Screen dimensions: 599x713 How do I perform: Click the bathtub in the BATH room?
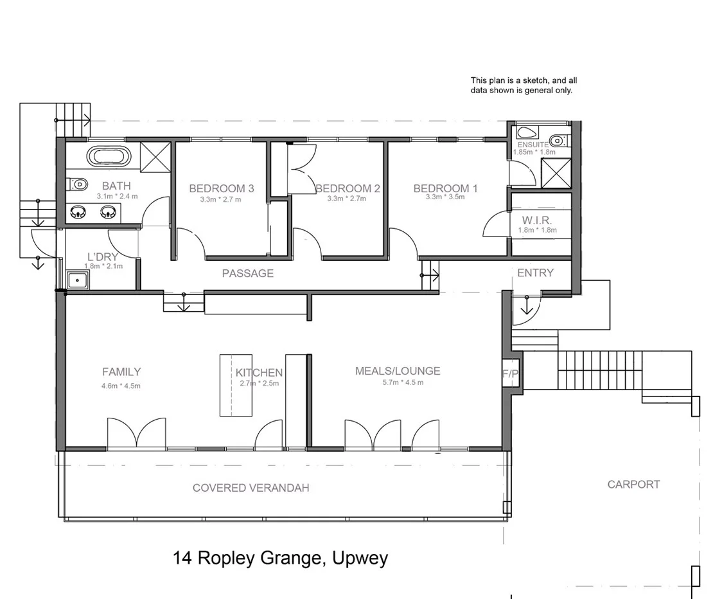(107, 156)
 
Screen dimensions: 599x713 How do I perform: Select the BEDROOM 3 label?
(222, 188)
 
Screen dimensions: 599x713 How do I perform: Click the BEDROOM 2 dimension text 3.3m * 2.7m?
(346, 199)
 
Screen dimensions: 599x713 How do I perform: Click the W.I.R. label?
(537, 220)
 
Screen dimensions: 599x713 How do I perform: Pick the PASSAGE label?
(247, 273)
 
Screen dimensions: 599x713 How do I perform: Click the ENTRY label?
(535, 273)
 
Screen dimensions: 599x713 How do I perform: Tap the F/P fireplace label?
(511, 373)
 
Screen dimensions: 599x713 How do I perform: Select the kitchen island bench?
(236, 384)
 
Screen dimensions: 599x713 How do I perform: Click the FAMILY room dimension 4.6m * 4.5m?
(121, 386)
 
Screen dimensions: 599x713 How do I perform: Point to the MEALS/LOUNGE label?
(398, 371)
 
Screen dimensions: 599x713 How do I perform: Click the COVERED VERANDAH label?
(251, 488)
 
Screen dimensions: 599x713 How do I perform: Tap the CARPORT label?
(633, 485)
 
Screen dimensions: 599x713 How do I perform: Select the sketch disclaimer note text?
(524, 85)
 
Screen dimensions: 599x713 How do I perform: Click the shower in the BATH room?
(154, 156)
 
